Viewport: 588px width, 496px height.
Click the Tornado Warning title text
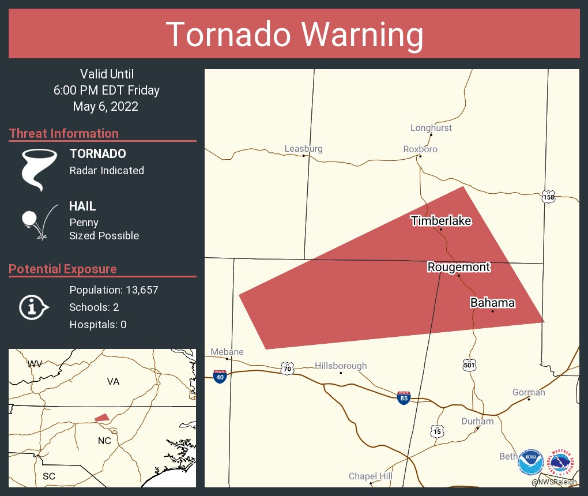pos(294,35)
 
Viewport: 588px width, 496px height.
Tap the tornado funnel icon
pos(39,169)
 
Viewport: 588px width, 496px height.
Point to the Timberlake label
pos(441,221)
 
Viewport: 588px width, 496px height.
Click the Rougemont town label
pos(458,266)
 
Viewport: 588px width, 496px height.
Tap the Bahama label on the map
pos(492,303)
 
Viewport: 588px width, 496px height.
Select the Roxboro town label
pos(420,149)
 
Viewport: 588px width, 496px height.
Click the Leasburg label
pos(303,149)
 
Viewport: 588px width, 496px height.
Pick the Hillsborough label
pos(341,366)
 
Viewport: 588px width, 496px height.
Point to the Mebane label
pos(227,352)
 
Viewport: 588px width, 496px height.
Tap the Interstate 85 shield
pos(404,397)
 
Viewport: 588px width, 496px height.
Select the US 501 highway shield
pos(469,365)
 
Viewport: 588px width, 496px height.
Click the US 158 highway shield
pos(548,197)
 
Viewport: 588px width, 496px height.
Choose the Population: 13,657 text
pos(114,290)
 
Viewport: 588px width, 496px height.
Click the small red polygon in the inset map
pos(101,417)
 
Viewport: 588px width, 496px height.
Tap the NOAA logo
pos(530,462)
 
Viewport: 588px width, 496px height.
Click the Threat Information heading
pos(64,133)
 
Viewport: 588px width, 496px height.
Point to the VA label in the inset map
pos(112,381)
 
